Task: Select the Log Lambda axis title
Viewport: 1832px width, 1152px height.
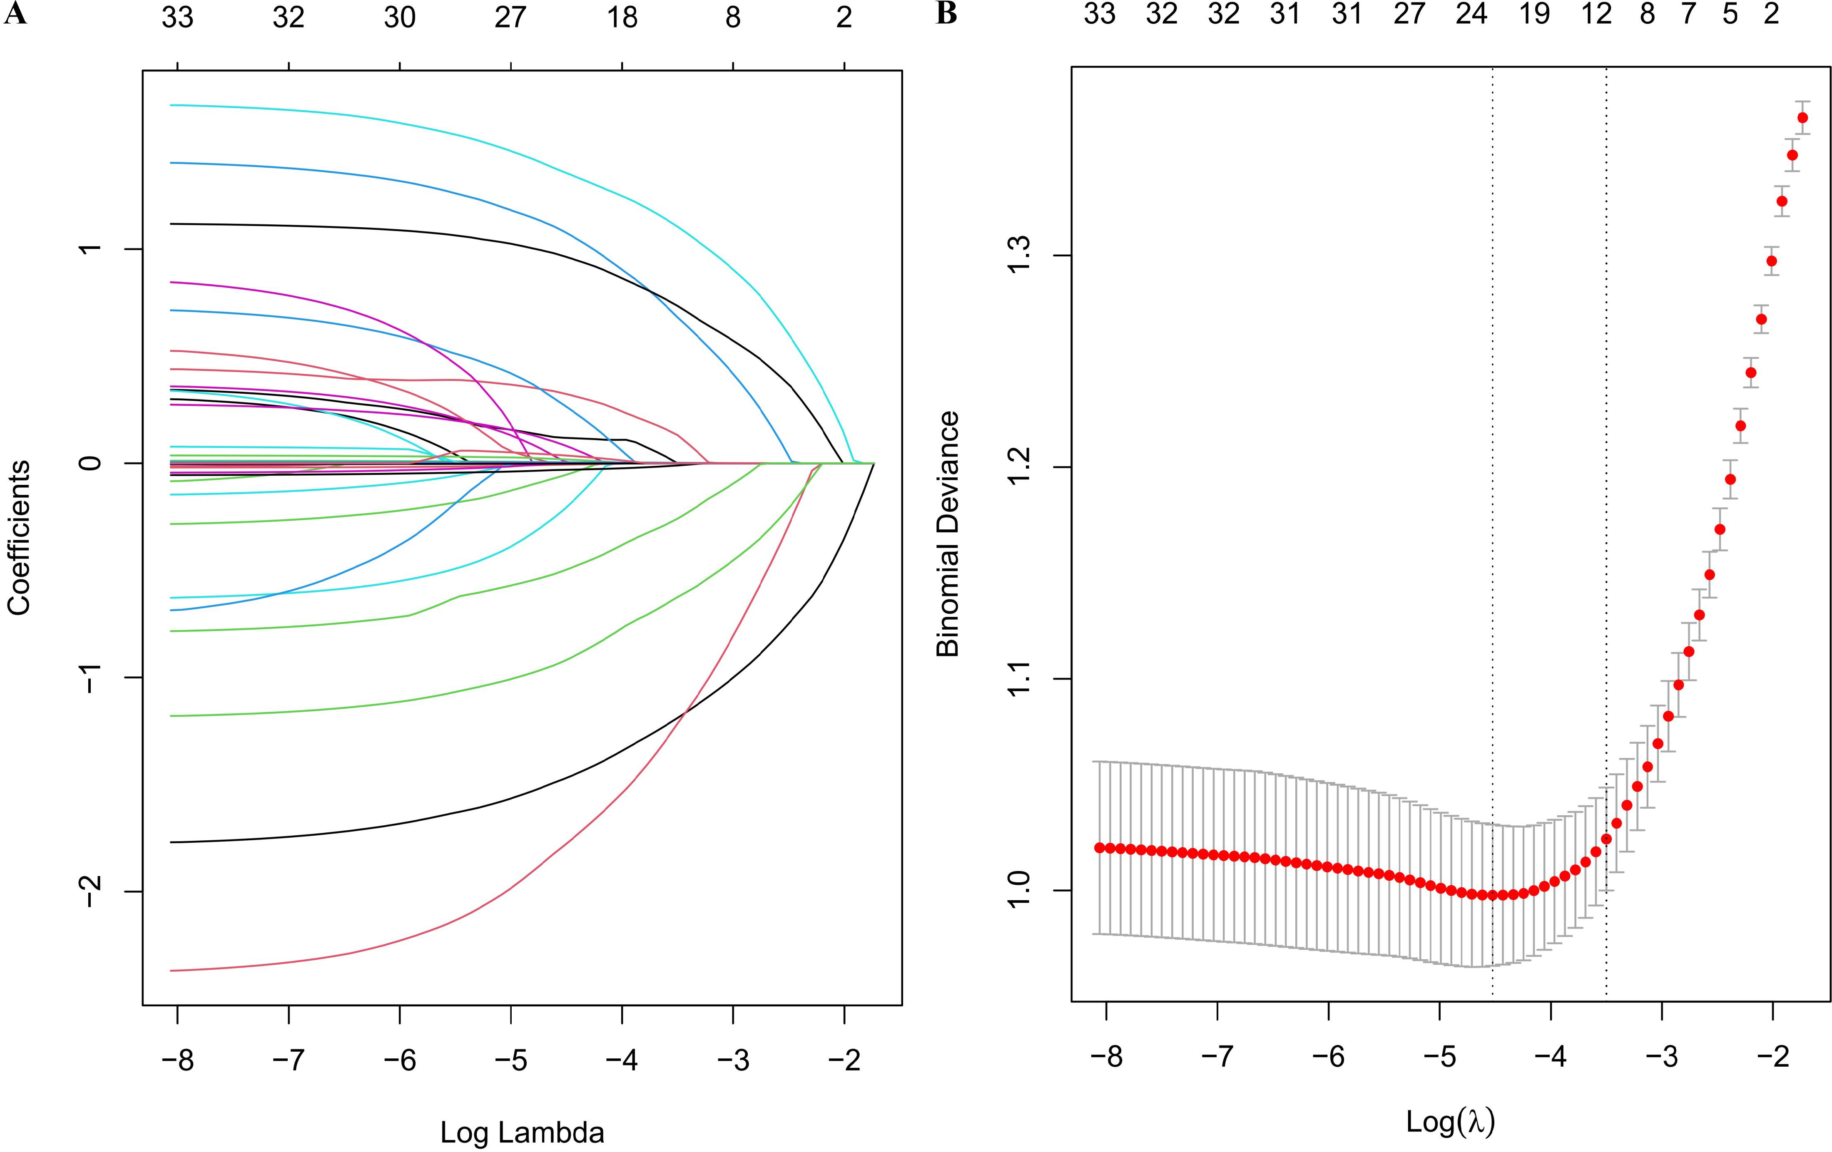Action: pos(522,1132)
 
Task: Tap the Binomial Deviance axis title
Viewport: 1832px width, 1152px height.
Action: pos(948,534)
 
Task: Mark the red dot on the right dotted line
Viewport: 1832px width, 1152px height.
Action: pos(1606,839)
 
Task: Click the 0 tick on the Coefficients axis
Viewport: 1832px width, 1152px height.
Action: pos(90,463)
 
